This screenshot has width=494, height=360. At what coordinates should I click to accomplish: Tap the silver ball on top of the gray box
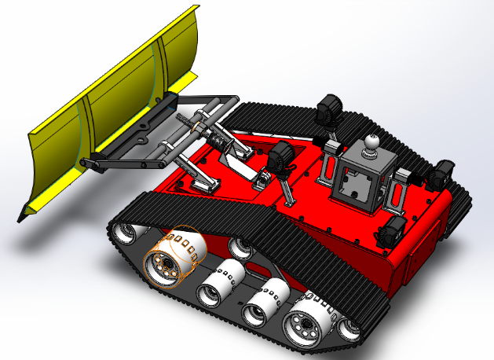[x=370, y=144]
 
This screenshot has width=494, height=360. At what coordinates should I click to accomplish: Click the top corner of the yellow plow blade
[x=193, y=9]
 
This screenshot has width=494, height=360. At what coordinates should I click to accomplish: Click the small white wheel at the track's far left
[x=126, y=233]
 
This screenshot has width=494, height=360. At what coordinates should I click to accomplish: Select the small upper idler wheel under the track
[x=240, y=250]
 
